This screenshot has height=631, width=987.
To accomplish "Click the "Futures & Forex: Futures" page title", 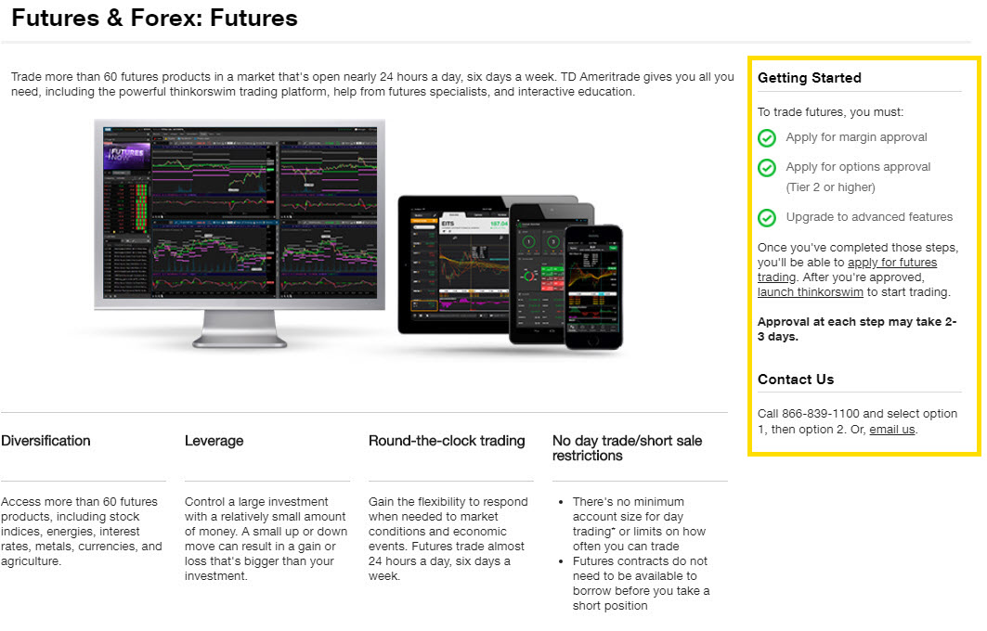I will coord(154,18).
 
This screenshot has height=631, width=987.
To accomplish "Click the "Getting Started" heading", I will coord(809,78).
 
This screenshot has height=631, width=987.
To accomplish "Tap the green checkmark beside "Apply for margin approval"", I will coord(767,137).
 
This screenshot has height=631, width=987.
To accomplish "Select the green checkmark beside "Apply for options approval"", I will coord(767,168).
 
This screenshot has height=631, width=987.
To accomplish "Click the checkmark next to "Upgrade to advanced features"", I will coord(767,218).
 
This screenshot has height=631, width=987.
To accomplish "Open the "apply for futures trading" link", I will coord(891,263).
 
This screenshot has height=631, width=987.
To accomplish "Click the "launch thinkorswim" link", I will coord(810,292).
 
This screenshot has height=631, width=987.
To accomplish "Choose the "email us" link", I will coord(891,430).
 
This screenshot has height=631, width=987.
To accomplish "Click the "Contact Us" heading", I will coord(796,380).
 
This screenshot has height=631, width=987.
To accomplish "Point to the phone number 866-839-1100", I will coord(821,414).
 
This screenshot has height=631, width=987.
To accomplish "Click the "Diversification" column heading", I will coord(45,441).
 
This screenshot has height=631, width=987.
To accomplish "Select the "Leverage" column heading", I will coord(214,441).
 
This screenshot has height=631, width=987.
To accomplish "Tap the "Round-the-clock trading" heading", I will coord(447,441).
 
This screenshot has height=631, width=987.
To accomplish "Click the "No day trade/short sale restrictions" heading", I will coord(627,448).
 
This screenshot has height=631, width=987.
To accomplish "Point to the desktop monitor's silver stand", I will coord(239,329).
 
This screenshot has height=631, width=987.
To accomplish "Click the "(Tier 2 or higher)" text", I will coord(830,187).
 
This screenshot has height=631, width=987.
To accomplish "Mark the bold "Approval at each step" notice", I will coord(856,329).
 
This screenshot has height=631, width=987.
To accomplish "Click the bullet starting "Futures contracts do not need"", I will coord(641,584).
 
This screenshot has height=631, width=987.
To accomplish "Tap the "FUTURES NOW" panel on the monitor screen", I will coord(126,157).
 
